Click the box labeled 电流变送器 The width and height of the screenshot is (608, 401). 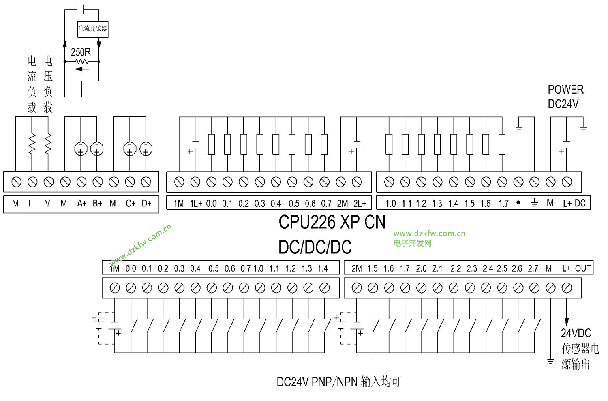[92, 29]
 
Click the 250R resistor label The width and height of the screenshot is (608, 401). [81, 52]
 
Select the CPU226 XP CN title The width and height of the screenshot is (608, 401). [332, 222]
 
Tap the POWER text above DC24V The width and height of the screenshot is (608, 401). [565, 90]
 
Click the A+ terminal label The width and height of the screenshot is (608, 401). [81, 204]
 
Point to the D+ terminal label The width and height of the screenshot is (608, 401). [146, 204]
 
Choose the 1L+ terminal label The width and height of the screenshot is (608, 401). [196, 204]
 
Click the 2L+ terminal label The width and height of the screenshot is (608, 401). [360, 204]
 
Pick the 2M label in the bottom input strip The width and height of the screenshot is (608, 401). [357, 268]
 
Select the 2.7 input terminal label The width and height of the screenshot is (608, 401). [533, 268]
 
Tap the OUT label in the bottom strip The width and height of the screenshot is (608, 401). [582, 268]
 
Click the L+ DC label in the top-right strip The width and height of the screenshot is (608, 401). [574, 204]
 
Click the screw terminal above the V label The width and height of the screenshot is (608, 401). [49, 182]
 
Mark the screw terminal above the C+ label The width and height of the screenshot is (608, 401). [130, 182]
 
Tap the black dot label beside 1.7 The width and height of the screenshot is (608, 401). [518, 202]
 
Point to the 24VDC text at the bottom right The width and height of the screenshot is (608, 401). [576, 333]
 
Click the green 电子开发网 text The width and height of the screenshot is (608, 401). [412, 243]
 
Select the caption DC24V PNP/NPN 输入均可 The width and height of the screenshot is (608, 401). [338, 382]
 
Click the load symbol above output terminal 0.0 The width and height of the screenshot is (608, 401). [211, 144]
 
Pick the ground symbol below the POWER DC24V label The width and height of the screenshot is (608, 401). [583, 129]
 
